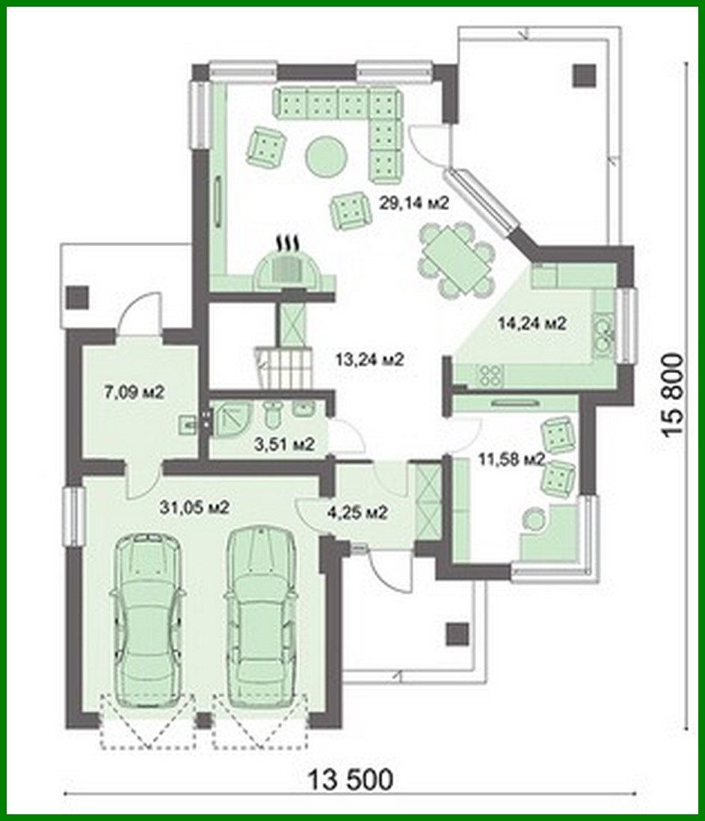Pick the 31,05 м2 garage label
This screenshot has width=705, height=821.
194,508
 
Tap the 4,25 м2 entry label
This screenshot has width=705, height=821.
357,513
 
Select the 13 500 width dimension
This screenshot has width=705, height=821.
350,780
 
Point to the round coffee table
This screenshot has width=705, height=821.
325,156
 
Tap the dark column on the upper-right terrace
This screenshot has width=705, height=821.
585,76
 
